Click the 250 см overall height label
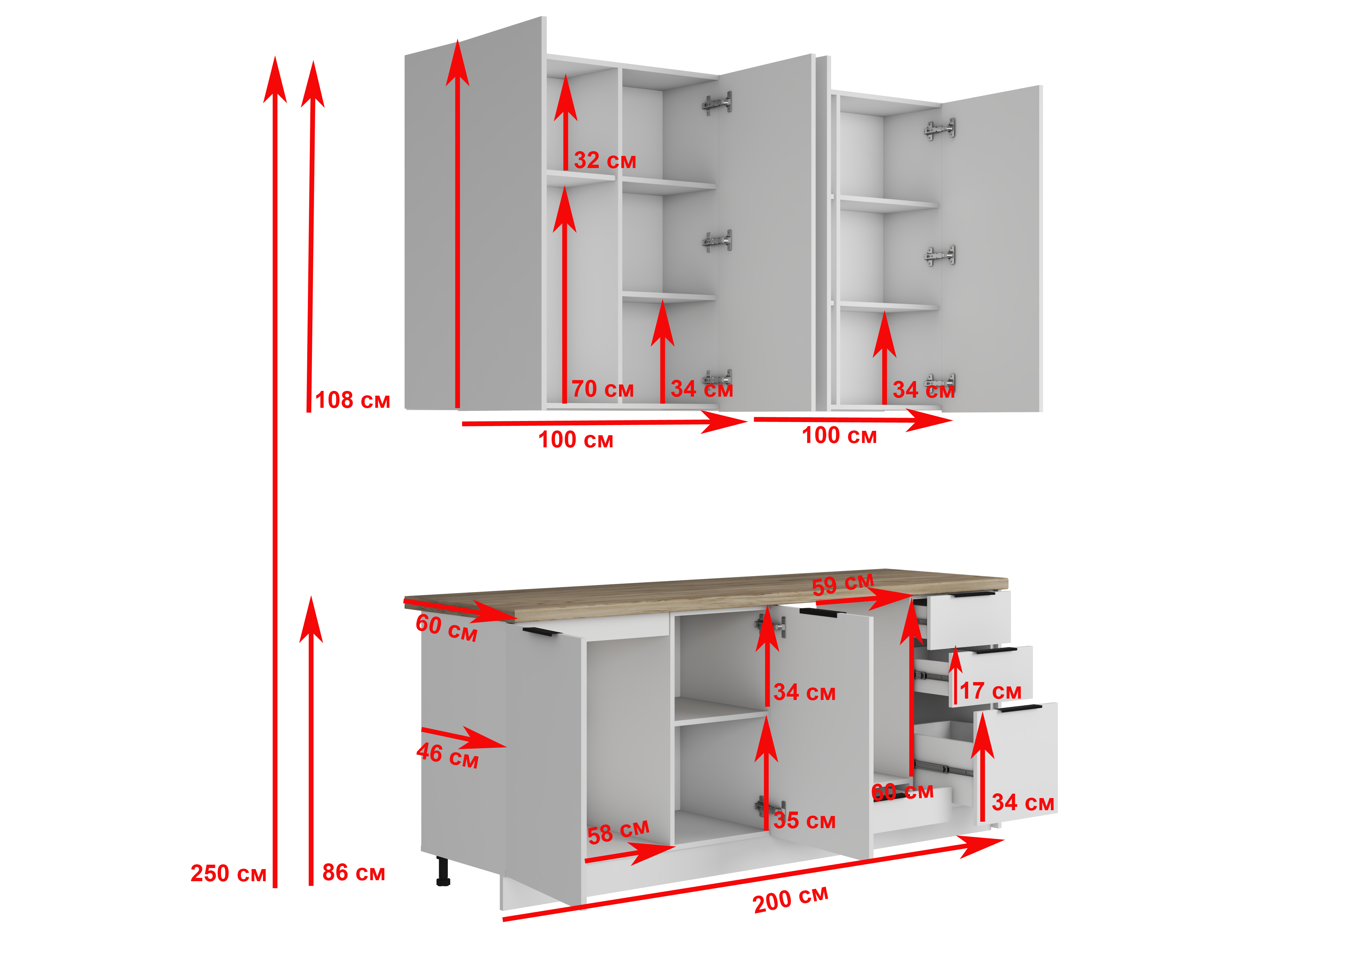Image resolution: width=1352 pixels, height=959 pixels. coord(228,873)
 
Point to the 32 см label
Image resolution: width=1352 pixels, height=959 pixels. coord(605,160)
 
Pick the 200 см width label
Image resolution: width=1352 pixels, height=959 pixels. coord(791,899)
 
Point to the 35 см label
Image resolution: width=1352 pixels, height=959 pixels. coord(804,820)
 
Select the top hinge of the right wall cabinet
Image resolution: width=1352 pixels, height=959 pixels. coord(940,129)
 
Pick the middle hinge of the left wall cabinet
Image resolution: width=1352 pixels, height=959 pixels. coord(718,240)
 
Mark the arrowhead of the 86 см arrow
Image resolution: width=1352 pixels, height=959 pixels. coord(311,619)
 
